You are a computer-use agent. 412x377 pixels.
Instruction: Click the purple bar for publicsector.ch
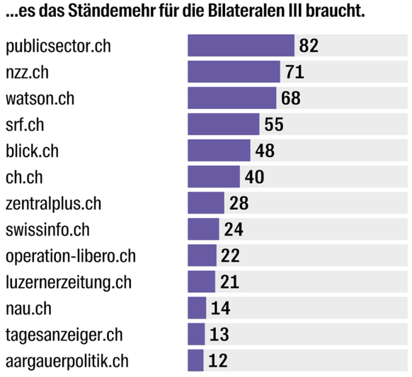pyautogui.click(x=241, y=45)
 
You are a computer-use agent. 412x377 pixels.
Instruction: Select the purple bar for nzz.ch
pyautogui.click(x=234, y=71)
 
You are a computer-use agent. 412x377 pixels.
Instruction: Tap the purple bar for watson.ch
pyautogui.click(x=231, y=98)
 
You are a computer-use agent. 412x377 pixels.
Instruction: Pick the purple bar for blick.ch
pyautogui.click(x=219, y=150)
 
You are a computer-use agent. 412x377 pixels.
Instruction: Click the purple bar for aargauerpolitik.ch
pyautogui.click(x=195, y=360)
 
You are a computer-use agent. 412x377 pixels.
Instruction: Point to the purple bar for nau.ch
pyautogui.click(x=197, y=308)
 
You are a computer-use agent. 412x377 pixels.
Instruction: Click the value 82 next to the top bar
pyautogui.click(x=309, y=46)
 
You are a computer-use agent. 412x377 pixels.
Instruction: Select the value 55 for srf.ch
pyautogui.click(x=273, y=124)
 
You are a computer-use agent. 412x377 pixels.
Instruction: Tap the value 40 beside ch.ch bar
pyautogui.click(x=254, y=177)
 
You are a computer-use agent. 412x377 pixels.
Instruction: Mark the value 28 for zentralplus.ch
pyautogui.click(x=239, y=204)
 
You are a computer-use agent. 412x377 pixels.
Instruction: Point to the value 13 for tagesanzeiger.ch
pyautogui.click(x=219, y=335)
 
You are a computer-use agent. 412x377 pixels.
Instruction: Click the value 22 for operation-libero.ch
pyautogui.click(x=231, y=256)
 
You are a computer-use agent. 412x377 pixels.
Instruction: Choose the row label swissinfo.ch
pyautogui.click(x=48, y=230)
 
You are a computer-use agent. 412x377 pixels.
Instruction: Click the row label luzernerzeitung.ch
pyautogui.click(x=69, y=282)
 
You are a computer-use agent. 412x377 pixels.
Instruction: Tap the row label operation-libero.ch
pyautogui.click(x=71, y=256)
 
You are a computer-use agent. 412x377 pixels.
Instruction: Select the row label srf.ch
pyautogui.click(x=25, y=124)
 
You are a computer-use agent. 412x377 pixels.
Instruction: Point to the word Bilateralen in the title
pyautogui.click(x=253, y=13)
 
